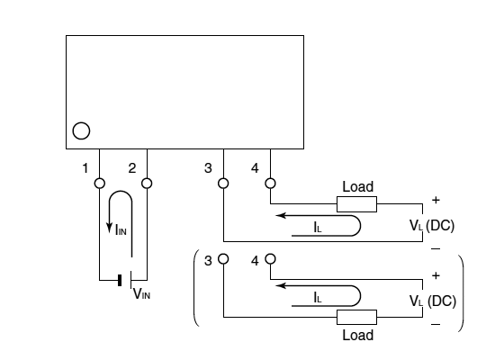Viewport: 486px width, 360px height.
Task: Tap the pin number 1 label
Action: [x=85, y=168]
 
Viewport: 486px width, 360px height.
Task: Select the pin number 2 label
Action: [x=132, y=168]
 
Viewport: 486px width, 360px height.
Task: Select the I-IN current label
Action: [x=121, y=230]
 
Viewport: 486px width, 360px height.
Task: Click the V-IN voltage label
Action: [x=141, y=293]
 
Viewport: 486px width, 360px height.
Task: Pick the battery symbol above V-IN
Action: [x=125, y=280]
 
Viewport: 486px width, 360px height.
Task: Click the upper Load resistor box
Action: [x=356, y=204]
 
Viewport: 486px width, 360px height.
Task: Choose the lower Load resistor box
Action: [x=356, y=317]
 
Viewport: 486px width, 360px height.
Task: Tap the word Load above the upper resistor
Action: [x=357, y=186]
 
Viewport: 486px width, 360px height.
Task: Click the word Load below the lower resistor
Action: [x=357, y=335]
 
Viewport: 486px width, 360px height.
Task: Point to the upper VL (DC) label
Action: [x=432, y=225]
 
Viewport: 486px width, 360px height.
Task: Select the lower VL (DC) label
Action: [x=433, y=301]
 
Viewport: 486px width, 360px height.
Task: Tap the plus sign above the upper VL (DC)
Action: [x=436, y=200]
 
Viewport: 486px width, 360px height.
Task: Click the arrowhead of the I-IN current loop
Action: [x=109, y=228]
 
